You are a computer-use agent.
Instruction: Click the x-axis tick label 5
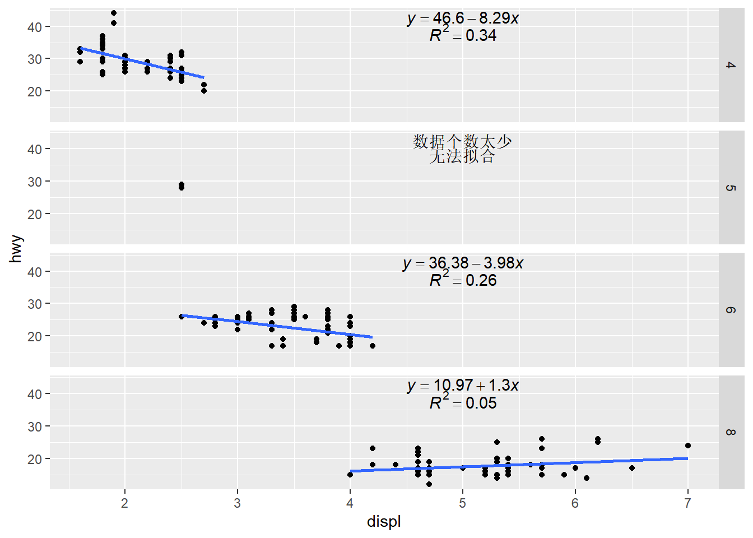pos(462,503)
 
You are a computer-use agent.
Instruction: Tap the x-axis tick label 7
pos(687,503)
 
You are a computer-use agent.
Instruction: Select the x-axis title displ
pos(384,522)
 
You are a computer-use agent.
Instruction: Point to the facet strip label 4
pos(731,65)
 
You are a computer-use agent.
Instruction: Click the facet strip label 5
pos(731,188)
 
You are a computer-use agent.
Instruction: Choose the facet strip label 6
pos(731,310)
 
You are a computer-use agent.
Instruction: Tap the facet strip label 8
pos(731,432)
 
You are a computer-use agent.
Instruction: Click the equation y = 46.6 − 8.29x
pos(463,18)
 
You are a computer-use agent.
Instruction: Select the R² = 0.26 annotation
pos(463,280)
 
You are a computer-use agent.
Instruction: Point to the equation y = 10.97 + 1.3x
pos(463,386)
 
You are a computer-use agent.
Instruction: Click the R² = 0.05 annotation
pos(463,403)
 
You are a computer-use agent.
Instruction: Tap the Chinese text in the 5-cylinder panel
pos(462,149)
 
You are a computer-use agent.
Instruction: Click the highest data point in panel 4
pos(114,13)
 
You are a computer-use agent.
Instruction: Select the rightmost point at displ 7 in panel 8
pos(688,446)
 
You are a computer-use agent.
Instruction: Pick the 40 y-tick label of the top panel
pos(35,27)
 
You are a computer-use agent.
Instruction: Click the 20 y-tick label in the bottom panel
pos(35,459)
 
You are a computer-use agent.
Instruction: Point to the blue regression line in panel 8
pos(518,465)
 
